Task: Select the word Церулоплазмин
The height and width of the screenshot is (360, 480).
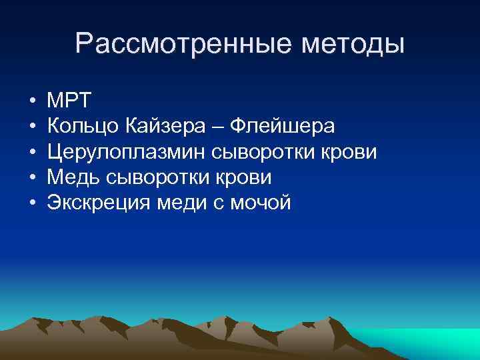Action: tap(127, 152)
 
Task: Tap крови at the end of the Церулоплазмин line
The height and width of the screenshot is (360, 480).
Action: tap(350, 152)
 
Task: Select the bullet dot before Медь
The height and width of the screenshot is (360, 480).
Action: tap(32, 178)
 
